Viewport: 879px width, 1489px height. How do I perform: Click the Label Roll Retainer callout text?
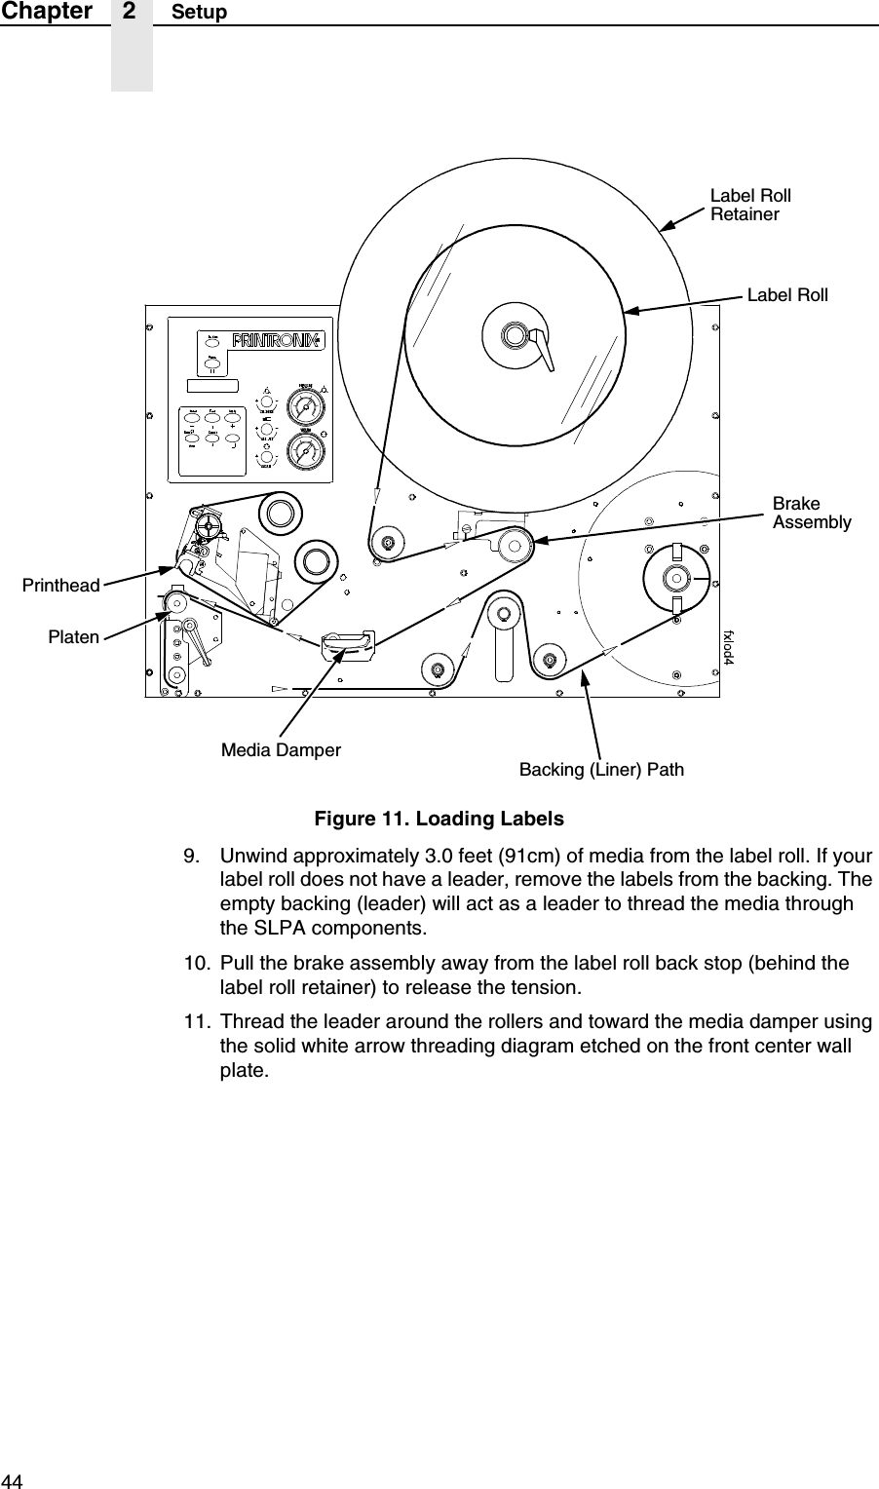pyautogui.click(x=749, y=205)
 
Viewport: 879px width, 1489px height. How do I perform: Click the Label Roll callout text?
pyautogui.click(x=786, y=294)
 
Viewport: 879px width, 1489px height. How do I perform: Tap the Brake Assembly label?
pyautogui.click(x=811, y=514)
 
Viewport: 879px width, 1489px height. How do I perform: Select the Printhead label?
pyautogui.click(x=61, y=586)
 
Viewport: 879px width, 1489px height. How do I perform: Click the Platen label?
pyautogui.click(x=74, y=636)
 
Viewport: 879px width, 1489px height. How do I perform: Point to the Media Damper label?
pyautogui.click(x=281, y=750)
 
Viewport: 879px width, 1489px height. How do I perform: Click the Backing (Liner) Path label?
pyautogui.click(x=601, y=770)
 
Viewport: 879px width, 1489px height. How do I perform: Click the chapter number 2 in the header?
pyautogui.click(x=131, y=11)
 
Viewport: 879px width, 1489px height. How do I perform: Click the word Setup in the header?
pyautogui.click(x=199, y=12)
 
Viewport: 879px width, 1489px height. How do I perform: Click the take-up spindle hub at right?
pyautogui.click(x=673, y=578)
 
